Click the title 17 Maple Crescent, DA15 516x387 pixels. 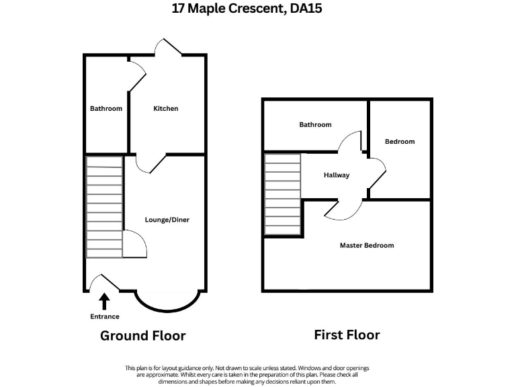258,9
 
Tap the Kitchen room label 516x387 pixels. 166,108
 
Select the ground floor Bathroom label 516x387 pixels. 106,108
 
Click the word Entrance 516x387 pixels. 105,316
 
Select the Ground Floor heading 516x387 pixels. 142,335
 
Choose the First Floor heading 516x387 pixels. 347,335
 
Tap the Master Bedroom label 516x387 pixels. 366,245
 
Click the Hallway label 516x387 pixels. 337,175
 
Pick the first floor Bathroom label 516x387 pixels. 315,124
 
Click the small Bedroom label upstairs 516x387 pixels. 400,141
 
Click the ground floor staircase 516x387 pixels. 104,207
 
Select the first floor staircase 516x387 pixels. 282,194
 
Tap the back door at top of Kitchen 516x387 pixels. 167,48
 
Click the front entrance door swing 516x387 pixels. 104,283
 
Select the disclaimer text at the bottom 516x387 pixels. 247,375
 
